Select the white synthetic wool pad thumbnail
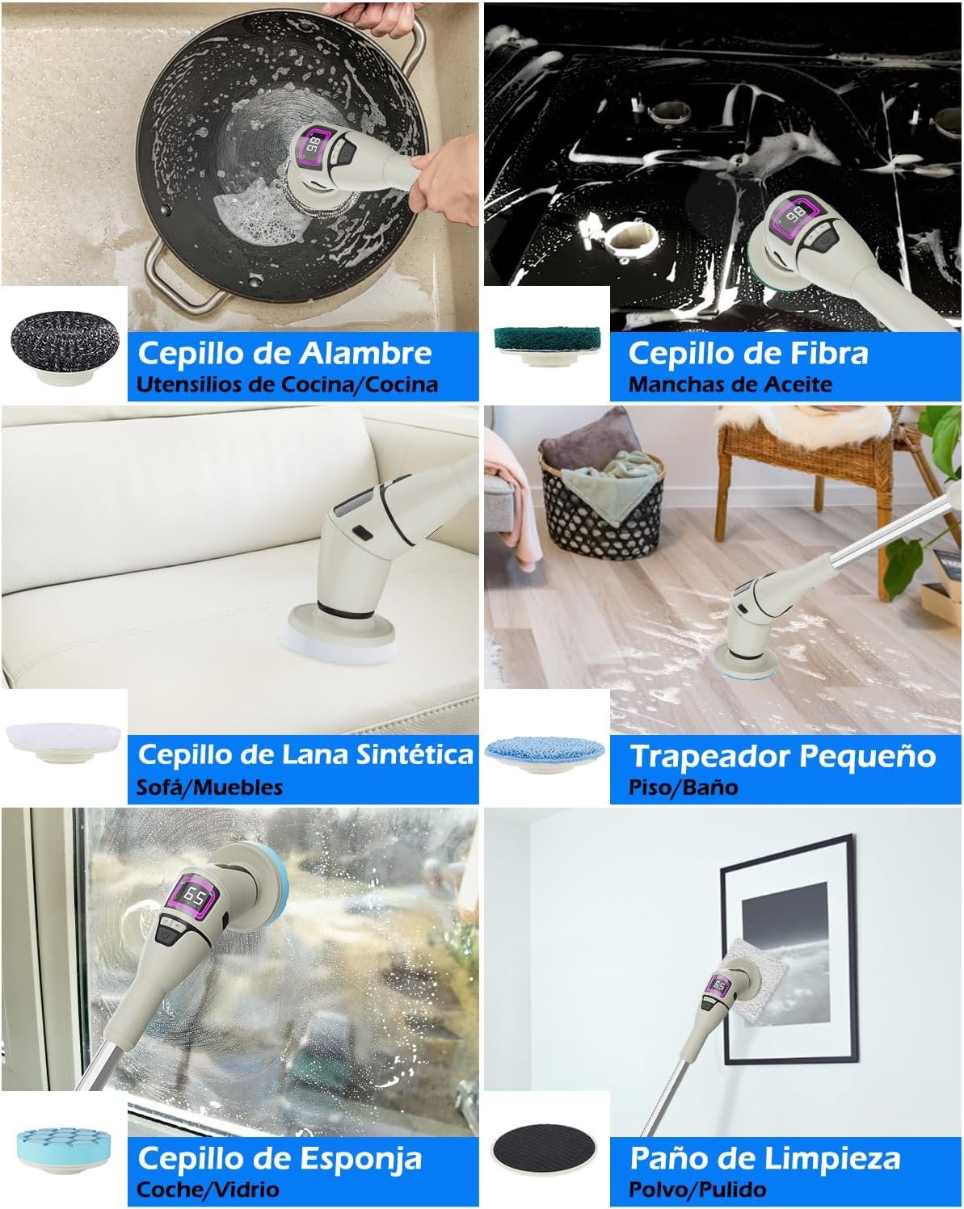pos(64,741)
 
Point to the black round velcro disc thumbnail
pos(544,1147)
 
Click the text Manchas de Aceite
pos(730,384)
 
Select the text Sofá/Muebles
pos(209,787)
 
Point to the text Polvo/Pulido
pos(697,1190)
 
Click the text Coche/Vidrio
pos(208,1190)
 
